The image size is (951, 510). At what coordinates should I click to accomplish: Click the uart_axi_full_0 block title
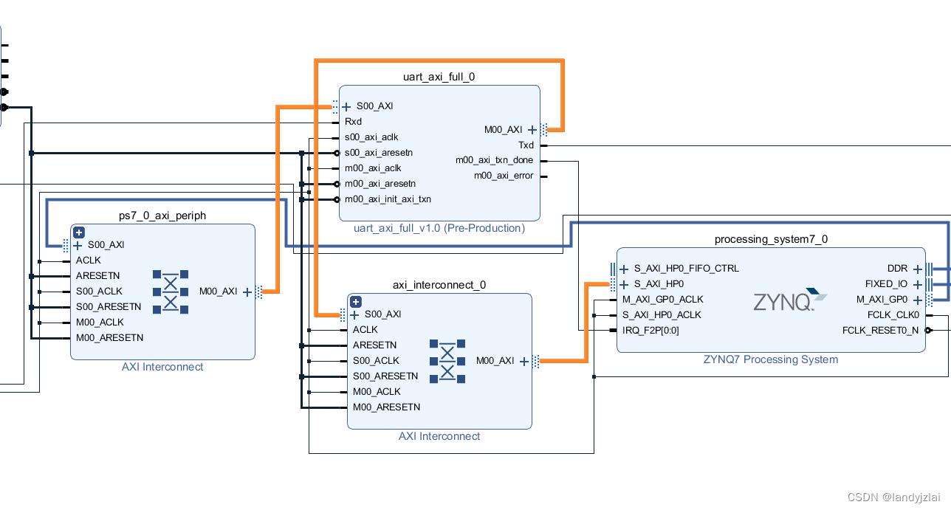click(x=439, y=76)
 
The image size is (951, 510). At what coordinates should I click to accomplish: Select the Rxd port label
click(x=353, y=122)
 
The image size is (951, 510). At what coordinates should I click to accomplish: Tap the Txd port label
click(x=525, y=145)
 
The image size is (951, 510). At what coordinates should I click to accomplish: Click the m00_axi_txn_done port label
click(x=494, y=160)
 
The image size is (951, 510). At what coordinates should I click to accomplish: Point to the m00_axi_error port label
click(x=503, y=176)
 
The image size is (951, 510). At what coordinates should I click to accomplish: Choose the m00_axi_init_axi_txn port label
click(x=388, y=199)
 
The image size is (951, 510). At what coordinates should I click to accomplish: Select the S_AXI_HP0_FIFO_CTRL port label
click(x=686, y=269)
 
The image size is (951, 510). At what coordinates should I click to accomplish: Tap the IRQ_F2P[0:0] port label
click(x=650, y=331)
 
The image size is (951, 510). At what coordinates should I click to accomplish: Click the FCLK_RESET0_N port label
click(x=880, y=331)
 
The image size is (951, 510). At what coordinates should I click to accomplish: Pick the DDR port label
click(x=897, y=269)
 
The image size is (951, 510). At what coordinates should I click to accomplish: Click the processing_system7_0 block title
click(x=771, y=239)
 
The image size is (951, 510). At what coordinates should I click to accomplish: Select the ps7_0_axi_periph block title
click(x=162, y=216)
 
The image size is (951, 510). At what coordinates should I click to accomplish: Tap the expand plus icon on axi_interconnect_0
click(x=356, y=302)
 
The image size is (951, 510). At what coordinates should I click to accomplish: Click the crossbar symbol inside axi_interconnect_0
click(x=447, y=362)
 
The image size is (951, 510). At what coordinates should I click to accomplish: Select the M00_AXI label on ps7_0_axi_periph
click(x=218, y=292)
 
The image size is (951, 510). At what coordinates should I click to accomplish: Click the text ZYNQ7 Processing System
click(x=771, y=359)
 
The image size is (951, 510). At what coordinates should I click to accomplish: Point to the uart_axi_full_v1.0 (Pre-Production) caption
click(x=439, y=228)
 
